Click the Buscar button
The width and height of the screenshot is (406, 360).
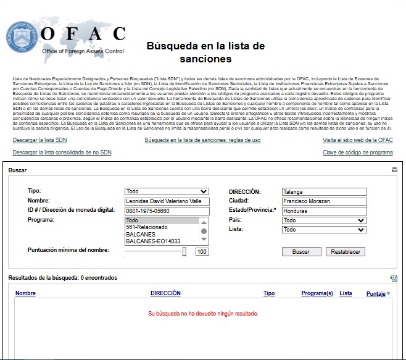pos(301,252)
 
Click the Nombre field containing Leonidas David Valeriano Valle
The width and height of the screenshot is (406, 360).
pos(167,201)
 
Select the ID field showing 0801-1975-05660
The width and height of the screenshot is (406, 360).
pos(167,211)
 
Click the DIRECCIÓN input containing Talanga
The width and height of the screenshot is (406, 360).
pos(324,192)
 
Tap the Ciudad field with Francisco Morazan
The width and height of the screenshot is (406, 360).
pos(324,201)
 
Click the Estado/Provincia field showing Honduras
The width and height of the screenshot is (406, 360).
pos(324,211)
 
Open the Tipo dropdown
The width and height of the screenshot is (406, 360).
pos(167,192)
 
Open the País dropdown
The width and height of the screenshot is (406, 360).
pos(324,220)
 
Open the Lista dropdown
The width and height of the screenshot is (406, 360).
pos(324,230)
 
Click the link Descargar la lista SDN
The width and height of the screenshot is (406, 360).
pos(39,140)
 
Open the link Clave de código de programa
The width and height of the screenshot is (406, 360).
pos(357,152)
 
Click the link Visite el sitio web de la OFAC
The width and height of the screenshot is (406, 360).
pos(357,140)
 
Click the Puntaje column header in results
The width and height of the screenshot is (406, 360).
pos(376,294)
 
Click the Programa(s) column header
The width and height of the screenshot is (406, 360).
pos(317,293)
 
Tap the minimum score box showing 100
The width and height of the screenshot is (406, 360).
pos(202,252)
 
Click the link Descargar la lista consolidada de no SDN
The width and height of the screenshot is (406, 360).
pos(62,152)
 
